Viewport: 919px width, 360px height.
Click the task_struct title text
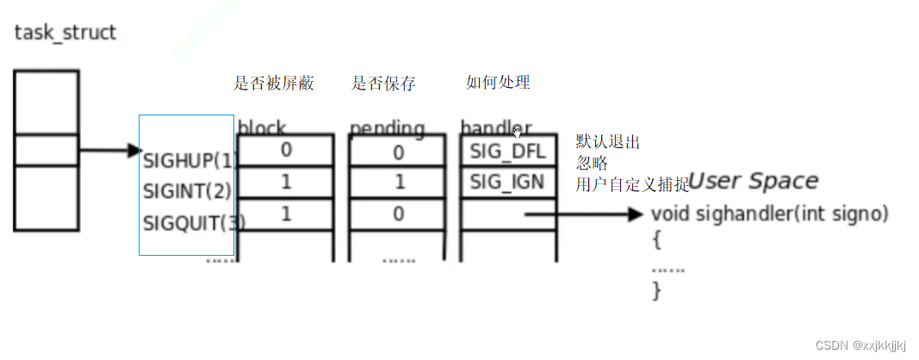pyautogui.click(x=65, y=34)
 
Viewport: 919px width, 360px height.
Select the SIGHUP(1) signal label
pyautogui.click(x=190, y=159)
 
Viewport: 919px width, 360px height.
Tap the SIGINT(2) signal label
pyautogui.click(x=187, y=190)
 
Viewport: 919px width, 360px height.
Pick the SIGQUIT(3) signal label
pyautogui.click(x=194, y=222)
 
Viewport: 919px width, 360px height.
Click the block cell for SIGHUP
pyautogui.click(x=285, y=150)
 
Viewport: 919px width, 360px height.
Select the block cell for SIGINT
pyautogui.click(x=285, y=182)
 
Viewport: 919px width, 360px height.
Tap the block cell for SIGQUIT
pyautogui.click(x=285, y=214)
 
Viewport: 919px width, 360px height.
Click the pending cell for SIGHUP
pyautogui.click(x=397, y=152)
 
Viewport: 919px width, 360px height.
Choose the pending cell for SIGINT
pyautogui.click(x=397, y=183)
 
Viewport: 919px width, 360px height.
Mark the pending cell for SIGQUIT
pyautogui.click(x=397, y=214)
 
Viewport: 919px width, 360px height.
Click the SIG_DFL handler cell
pyautogui.click(x=508, y=152)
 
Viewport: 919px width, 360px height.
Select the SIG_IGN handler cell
pyautogui.click(x=508, y=183)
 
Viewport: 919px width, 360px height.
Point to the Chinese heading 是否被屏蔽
pyautogui.click(x=274, y=84)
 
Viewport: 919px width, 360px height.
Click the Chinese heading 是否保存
pyautogui.click(x=383, y=84)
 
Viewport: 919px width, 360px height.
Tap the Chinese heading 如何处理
pyautogui.click(x=498, y=83)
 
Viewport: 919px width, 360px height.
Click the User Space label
pyautogui.click(x=752, y=181)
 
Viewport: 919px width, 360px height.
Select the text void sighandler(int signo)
pyautogui.click(x=770, y=214)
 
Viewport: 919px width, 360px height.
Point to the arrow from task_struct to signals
pyautogui.click(x=109, y=152)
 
